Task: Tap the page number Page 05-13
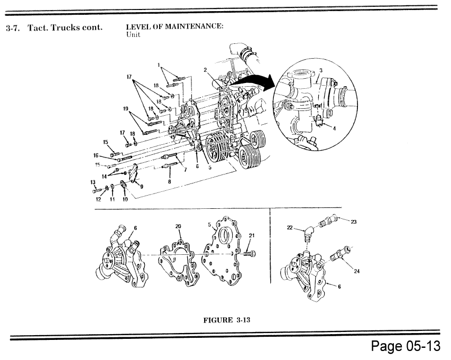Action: tap(404, 347)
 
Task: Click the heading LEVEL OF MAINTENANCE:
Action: tap(174, 27)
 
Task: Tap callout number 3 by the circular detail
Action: tap(321, 70)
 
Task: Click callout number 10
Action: tap(125, 200)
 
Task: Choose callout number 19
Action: tap(126, 109)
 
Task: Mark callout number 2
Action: tap(205, 69)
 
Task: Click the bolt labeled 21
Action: tap(250, 254)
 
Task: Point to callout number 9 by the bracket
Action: tap(142, 185)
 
